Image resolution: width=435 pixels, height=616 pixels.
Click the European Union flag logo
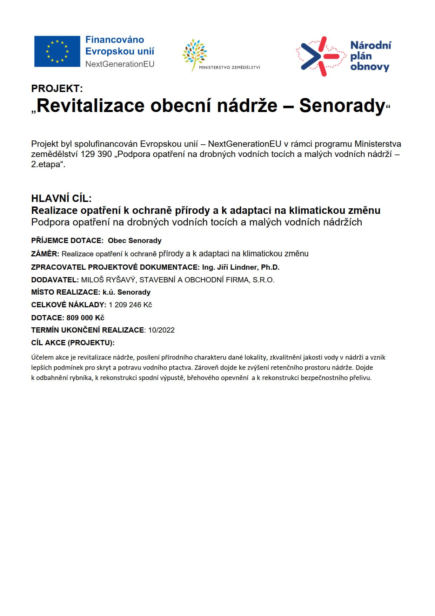click(x=57, y=51)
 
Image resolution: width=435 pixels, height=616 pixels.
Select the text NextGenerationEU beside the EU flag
click(x=120, y=64)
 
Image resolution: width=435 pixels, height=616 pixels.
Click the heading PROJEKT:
click(x=57, y=89)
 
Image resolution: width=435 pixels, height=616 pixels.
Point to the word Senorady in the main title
click(x=342, y=105)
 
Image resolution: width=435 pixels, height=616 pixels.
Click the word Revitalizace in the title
click(x=91, y=105)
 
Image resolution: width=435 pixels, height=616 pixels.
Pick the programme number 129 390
click(x=96, y=154)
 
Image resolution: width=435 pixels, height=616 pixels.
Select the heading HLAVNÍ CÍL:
click(x=61, y=198)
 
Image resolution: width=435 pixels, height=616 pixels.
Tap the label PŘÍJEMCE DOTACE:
click(x=67, y=241)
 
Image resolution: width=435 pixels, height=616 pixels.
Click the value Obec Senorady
click(x=135, y=241)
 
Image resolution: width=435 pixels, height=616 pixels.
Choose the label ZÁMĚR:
click(x=45, y=254)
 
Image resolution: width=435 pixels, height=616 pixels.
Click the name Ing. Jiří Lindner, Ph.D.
click(x=241, y=267)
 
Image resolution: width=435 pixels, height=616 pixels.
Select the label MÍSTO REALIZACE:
click(x=66, y=292)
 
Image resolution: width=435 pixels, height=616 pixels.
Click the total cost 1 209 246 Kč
click(x=130, y=305)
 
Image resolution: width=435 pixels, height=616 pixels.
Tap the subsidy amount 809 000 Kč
click(x=85, y=318)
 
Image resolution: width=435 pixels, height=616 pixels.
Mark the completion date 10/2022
click(x=161, y=330)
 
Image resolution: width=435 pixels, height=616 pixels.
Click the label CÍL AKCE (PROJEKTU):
click(x=73, y=343)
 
